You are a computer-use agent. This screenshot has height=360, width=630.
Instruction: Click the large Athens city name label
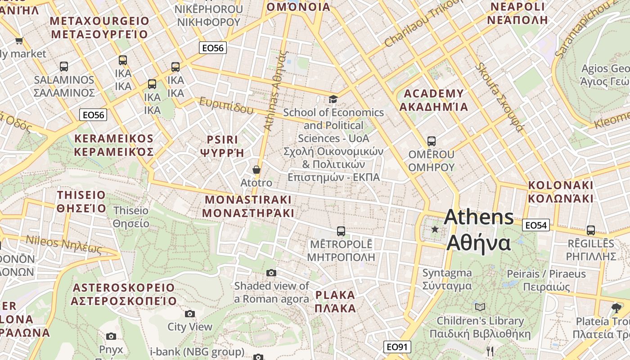point(479,230)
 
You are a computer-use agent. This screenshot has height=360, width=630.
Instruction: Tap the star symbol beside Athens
point(435,229)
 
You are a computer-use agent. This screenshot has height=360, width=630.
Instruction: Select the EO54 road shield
point(535,225)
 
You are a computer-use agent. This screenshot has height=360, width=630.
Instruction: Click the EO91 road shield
point(397,347)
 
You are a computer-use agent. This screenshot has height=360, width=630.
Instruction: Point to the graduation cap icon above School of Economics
point(333,99)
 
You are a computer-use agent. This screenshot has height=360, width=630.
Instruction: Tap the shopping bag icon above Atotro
point(256,170)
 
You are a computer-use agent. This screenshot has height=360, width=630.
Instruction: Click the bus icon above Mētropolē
point(341,231)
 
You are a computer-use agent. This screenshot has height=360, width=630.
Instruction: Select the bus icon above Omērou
point(431,141)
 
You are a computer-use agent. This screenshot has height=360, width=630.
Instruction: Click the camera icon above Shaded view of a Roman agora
point(271,273)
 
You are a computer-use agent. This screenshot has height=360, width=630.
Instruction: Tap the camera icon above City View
point(190,314)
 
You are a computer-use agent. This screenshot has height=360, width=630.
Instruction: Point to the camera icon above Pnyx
point(111,336)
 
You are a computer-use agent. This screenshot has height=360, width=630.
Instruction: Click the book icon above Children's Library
point(480,307)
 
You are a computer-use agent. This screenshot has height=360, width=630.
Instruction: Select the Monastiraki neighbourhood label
point(248,206)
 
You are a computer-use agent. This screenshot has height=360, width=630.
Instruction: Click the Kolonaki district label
point(560,192)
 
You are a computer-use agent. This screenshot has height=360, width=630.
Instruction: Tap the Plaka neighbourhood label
point(335,301)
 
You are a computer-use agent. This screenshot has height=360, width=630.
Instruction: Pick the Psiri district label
point(222,146)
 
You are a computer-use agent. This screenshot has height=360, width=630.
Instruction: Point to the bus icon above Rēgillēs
point(590,230)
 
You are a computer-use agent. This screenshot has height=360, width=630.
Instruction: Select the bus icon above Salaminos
point(64,67)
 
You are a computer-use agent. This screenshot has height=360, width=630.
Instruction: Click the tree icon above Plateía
point(616,308)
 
